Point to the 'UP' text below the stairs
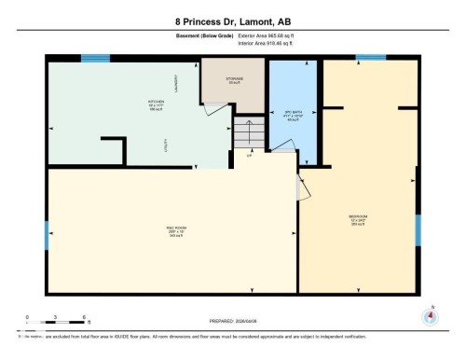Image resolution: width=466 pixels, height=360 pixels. tap(249, 155)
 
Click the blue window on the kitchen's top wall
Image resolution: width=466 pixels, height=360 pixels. tap(94, 58)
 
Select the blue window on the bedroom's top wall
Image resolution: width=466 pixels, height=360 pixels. tap(371, 58)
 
